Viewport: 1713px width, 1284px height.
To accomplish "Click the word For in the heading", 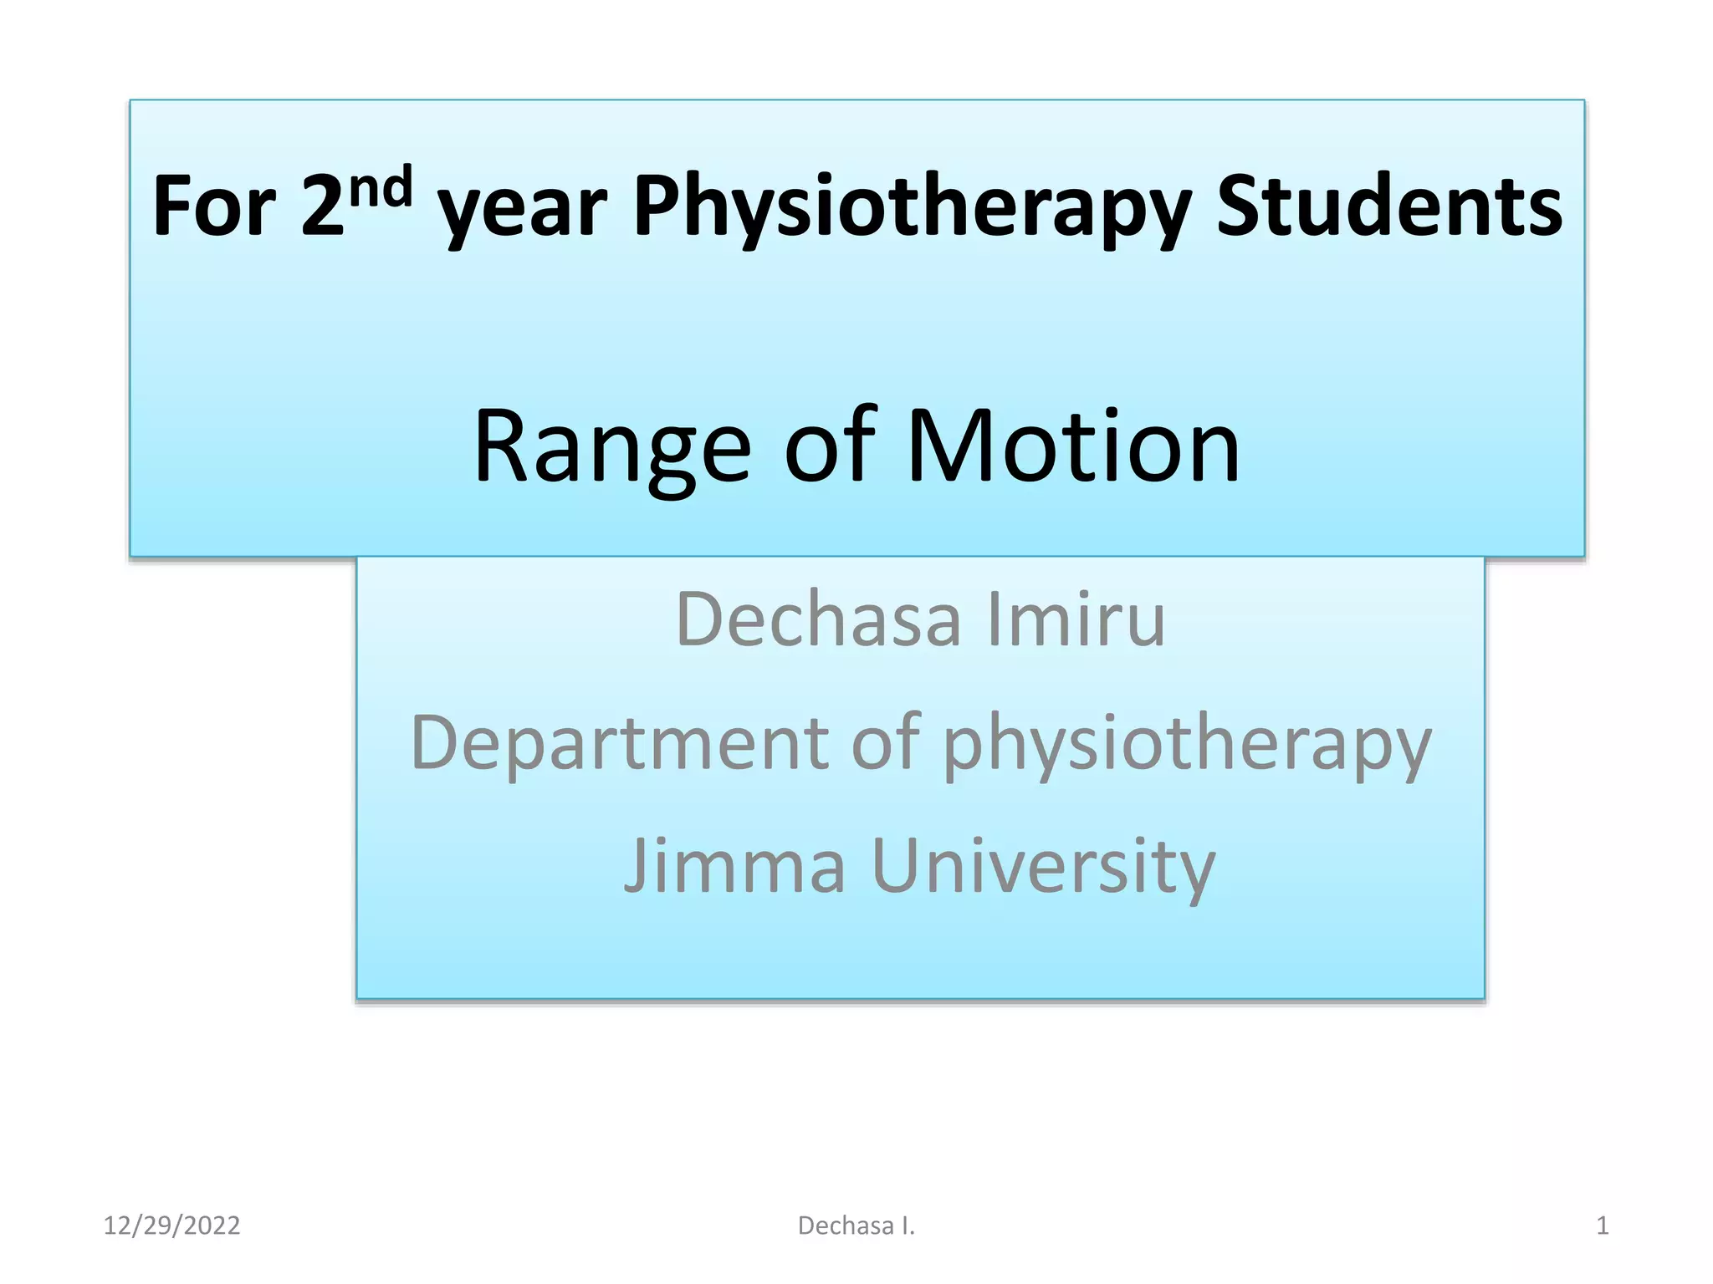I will [x=214, y=206].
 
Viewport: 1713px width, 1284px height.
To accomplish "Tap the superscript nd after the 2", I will [x=381, y=188].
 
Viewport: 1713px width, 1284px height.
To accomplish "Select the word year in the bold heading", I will [x=523, y=209].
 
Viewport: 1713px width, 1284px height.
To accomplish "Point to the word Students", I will [x=1388, y=206].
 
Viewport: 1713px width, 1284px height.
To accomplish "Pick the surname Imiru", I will [x=1076, y=619].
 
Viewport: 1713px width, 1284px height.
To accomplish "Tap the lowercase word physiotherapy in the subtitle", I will [x=1188, y=744].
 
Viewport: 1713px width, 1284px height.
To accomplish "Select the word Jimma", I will [x=735, y=866].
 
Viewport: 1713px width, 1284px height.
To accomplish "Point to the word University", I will [x=1043, y=866].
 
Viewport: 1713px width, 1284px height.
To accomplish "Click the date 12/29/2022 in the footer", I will [x=171, y=1225].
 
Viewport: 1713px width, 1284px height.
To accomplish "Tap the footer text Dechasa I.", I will [x=856, y=1225].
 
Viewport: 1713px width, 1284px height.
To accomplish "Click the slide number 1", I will [x=1602, y=1225].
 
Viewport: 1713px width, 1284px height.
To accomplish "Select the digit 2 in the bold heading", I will [x=323, y=206].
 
